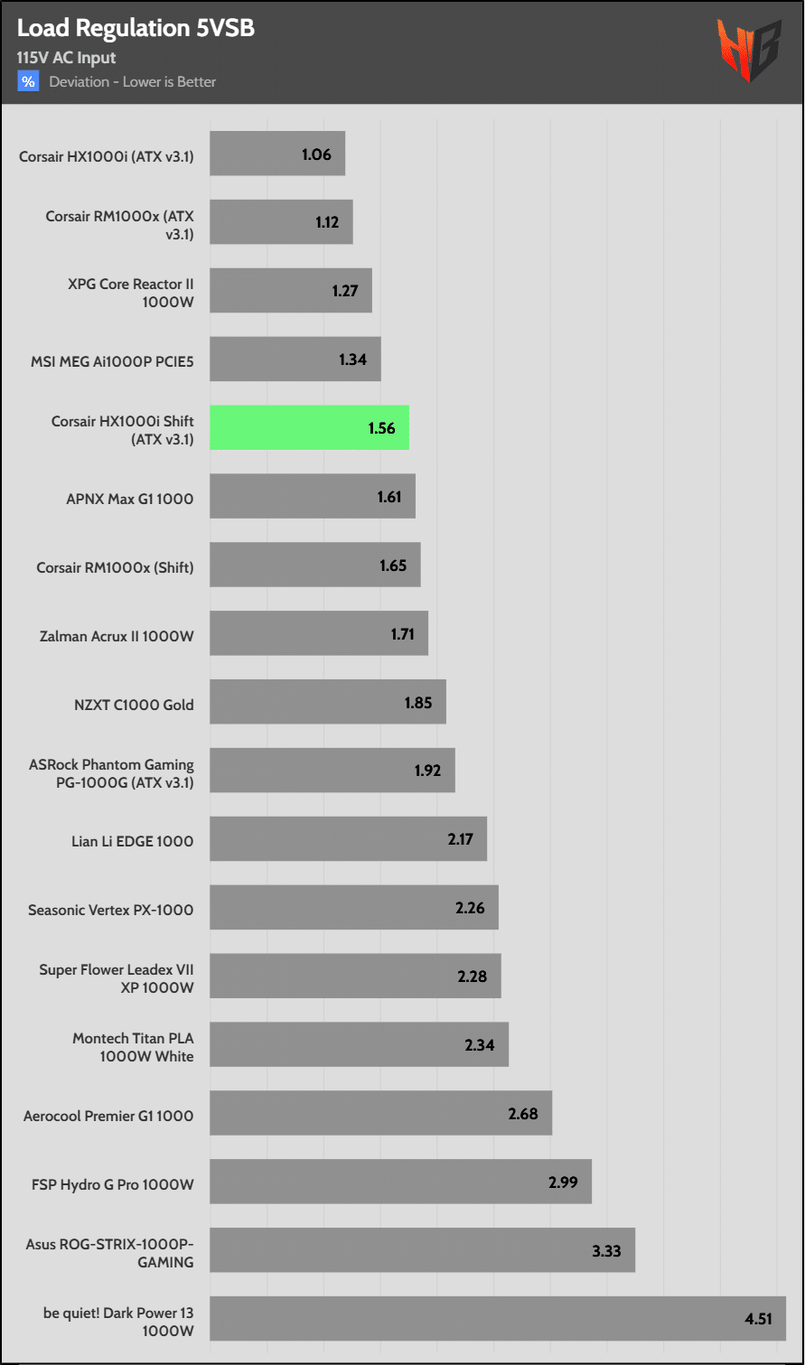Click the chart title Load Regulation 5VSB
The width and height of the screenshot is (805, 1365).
pos(136,28)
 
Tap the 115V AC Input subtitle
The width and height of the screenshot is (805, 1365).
pos(66,58)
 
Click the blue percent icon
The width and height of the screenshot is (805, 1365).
pos(28,81)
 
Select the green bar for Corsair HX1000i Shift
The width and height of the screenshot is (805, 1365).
pos(309,428)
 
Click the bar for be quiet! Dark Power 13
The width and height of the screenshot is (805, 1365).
pos(497,1319)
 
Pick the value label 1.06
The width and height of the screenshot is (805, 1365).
pos(316,154)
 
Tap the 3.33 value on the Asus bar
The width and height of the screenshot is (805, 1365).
pos(606,1251)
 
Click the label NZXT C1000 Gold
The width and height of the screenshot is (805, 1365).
pos(134,705)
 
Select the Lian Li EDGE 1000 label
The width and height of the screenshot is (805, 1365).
pos(132,841)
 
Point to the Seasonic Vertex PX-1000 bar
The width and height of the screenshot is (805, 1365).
pos(353,908)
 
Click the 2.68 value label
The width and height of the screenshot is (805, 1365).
pos(523,1114)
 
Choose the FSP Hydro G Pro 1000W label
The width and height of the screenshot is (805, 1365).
pos(112,1184)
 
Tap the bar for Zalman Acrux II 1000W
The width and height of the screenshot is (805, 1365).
pos(318,634)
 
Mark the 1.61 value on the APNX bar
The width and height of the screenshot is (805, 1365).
pos(389,497)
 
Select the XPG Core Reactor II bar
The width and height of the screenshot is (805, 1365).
pos(290,291)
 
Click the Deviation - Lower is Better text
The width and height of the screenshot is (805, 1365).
pos(133,82)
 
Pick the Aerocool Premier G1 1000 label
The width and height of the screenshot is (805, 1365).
pos(108,1116)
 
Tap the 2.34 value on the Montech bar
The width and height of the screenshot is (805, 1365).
pos(480,1045)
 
